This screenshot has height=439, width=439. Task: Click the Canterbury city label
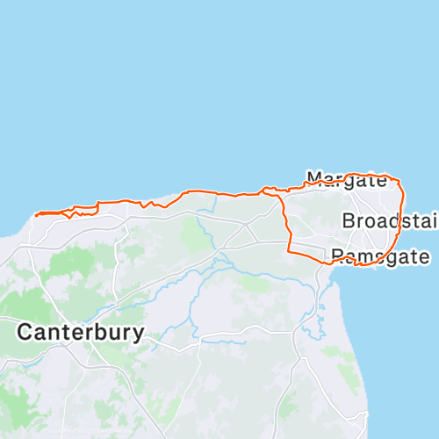80,333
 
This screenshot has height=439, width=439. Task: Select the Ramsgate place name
380,257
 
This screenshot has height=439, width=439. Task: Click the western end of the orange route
35,213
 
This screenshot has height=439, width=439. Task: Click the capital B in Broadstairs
349,220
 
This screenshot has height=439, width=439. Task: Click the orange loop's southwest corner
291,251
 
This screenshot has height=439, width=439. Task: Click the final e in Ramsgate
424,258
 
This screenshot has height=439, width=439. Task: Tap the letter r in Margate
340,182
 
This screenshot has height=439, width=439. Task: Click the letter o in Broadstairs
370,221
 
